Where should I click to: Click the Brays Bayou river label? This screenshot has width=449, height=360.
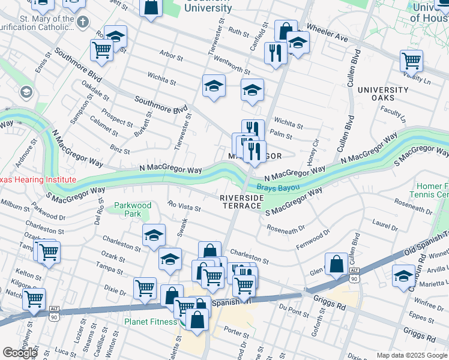click(278, 187)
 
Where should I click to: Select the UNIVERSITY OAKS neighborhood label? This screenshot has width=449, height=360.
click(383, 94)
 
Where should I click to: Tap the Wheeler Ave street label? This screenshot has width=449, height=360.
click(327, 33)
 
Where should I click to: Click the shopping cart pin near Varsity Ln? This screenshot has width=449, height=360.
click(411, 60)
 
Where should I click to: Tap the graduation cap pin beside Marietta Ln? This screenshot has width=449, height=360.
click(403, 275)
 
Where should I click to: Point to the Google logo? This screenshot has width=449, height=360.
click(20, 352)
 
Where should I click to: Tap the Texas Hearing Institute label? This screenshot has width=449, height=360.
click(37, 179)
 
